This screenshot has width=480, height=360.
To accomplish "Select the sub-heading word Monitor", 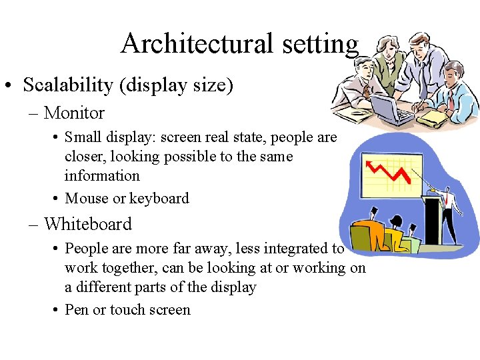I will (74, 113).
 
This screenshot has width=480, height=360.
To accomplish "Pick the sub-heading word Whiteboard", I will (88, 224).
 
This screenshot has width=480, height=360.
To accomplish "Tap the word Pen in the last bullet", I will (77, 309).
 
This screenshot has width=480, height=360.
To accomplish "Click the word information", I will (102, 176).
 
